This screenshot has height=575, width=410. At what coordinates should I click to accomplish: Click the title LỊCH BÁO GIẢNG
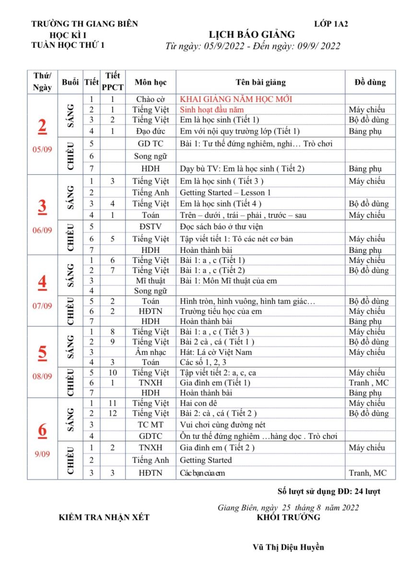[252, 34]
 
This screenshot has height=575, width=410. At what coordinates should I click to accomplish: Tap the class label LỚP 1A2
[331, 23]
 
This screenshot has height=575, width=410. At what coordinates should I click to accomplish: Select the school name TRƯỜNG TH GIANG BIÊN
[84, 23]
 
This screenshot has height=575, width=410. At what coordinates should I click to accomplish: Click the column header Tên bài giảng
[260, 82]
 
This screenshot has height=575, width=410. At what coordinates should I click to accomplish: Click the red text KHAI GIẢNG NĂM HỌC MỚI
[236, 99]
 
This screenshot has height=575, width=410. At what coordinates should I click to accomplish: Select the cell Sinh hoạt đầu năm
[212, 110]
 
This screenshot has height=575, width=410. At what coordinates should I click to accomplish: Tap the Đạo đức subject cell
[151, 131]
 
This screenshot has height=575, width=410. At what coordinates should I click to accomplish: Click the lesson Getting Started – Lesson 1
[225, 193]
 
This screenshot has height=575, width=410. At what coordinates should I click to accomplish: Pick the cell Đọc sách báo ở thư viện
[221, 227]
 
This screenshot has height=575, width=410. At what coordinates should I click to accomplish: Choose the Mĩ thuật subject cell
[151, 280]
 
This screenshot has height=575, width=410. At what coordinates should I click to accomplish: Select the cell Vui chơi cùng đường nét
[222, 425]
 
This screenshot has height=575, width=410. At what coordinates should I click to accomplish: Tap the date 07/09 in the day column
[42, 306]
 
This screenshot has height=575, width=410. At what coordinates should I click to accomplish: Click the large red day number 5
[42, 353]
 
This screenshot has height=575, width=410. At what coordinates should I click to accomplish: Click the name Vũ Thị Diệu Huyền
[288, 547]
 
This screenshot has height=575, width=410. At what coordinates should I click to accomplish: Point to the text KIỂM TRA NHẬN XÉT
[104, 517]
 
